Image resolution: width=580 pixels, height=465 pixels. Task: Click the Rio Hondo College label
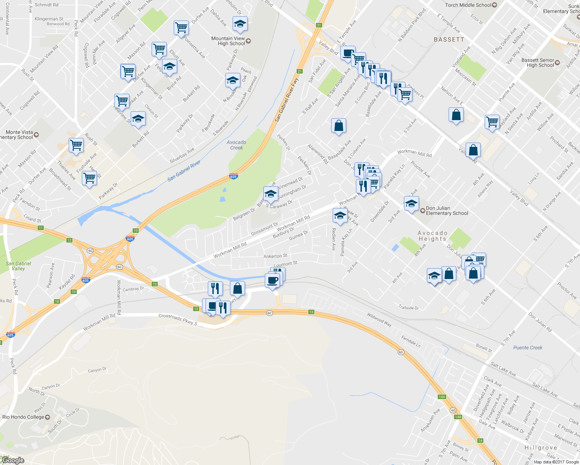(x=23, y=417)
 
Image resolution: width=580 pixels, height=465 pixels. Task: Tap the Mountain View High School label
(x=228, y=41)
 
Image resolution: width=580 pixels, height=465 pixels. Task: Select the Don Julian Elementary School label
(x=447, y=210)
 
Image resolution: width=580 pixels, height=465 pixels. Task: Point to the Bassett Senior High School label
(x=538, y=63)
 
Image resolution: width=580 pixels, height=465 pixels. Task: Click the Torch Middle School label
(x=468, y=5)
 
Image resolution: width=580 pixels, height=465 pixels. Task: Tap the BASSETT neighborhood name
(x=449, y=40)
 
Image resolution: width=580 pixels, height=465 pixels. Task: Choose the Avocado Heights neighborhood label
(x=433, y=236)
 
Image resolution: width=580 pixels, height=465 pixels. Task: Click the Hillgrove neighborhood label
(x=541, y=448)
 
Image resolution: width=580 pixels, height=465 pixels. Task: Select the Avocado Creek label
(x=236, y=145)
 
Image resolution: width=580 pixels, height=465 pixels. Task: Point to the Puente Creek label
(x=528, y=348)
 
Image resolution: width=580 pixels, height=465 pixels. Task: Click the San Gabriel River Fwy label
(x=287, y=100)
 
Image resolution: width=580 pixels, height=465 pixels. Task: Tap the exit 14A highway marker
(x=442, y=397)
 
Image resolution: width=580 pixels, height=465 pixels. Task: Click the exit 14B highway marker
(x=458, y=417)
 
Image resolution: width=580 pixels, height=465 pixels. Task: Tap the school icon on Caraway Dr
(x=271, y=193)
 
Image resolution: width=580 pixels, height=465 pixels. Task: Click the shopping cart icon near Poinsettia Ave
(x=181, y=28)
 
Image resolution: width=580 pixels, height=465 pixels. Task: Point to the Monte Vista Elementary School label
(x=18, y=135)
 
